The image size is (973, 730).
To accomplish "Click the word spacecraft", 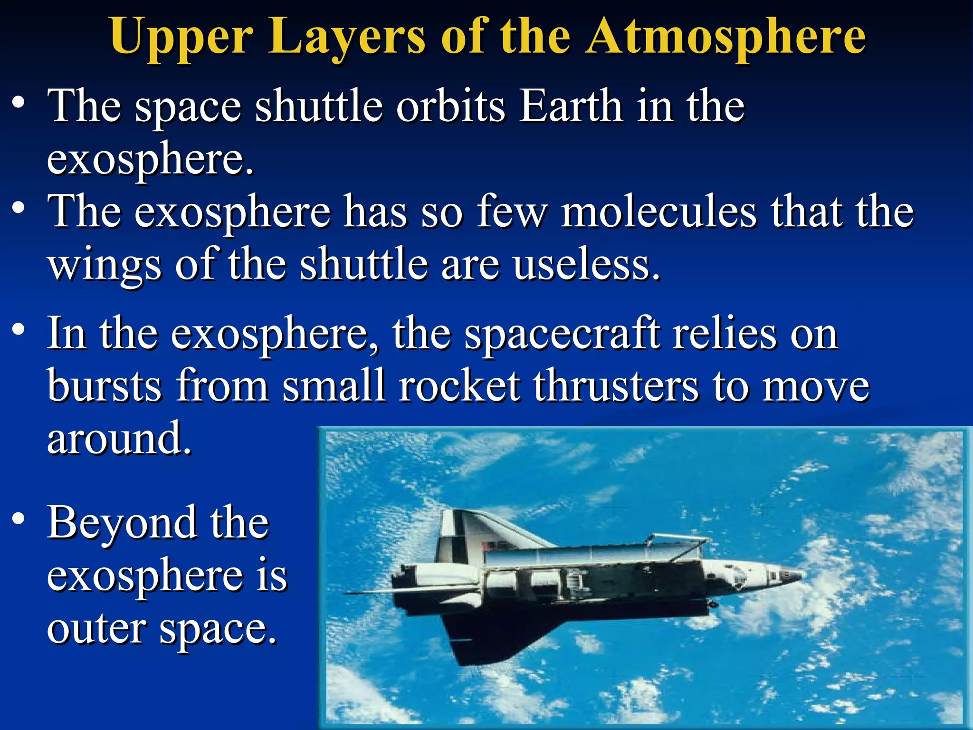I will coord(562,334).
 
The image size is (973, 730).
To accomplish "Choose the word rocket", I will coord(459,385).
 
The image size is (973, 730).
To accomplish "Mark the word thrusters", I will coord(616,385).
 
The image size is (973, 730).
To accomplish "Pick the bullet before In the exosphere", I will coord(18,329).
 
